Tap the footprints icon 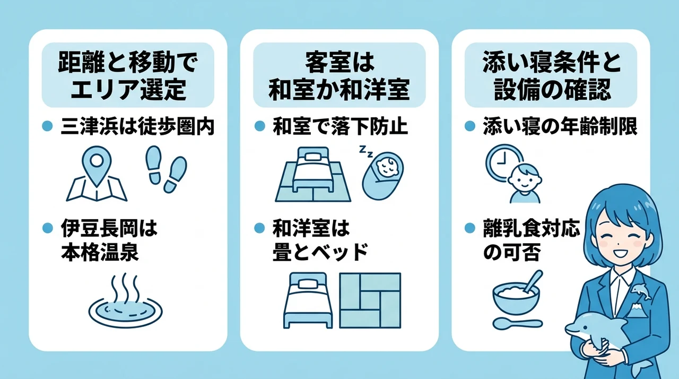[x=166, y=169]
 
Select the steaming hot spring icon [x=126, y=301]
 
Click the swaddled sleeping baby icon [x=383, y=176]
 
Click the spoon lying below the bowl [x=517, y=323]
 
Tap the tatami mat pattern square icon [x=370, y=300]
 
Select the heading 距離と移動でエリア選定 [x=128, y=76]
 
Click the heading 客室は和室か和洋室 [x=339, y=76]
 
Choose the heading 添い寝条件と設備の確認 [x=552, y=76]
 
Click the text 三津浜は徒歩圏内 [x=137, y=126]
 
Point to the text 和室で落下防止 [x=340, y=126]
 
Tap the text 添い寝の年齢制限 [x=560, y=126]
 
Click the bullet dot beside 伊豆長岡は [x=48, y=228]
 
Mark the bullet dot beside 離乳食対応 [x=469, y=228]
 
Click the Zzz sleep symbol [x=366, y=151]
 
